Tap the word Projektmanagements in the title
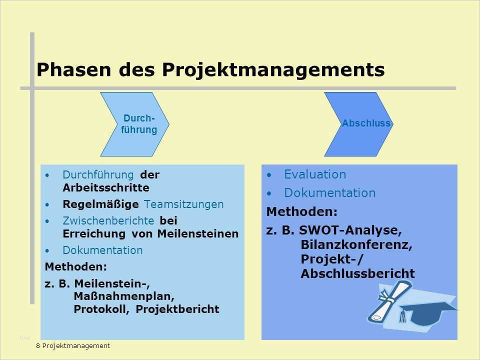273,70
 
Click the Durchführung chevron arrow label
138,124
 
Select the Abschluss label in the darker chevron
366,123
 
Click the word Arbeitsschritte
106,187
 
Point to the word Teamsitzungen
183,204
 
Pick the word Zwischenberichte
108,220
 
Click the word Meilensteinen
198,234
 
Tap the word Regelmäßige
100,204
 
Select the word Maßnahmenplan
124,296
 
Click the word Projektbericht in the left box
177,309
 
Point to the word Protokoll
100,309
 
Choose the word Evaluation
315,174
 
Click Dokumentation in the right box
329,193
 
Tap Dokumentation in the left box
102,250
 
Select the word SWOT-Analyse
350,230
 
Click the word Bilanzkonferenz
356,245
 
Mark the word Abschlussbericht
358,273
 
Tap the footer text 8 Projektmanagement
73,346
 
